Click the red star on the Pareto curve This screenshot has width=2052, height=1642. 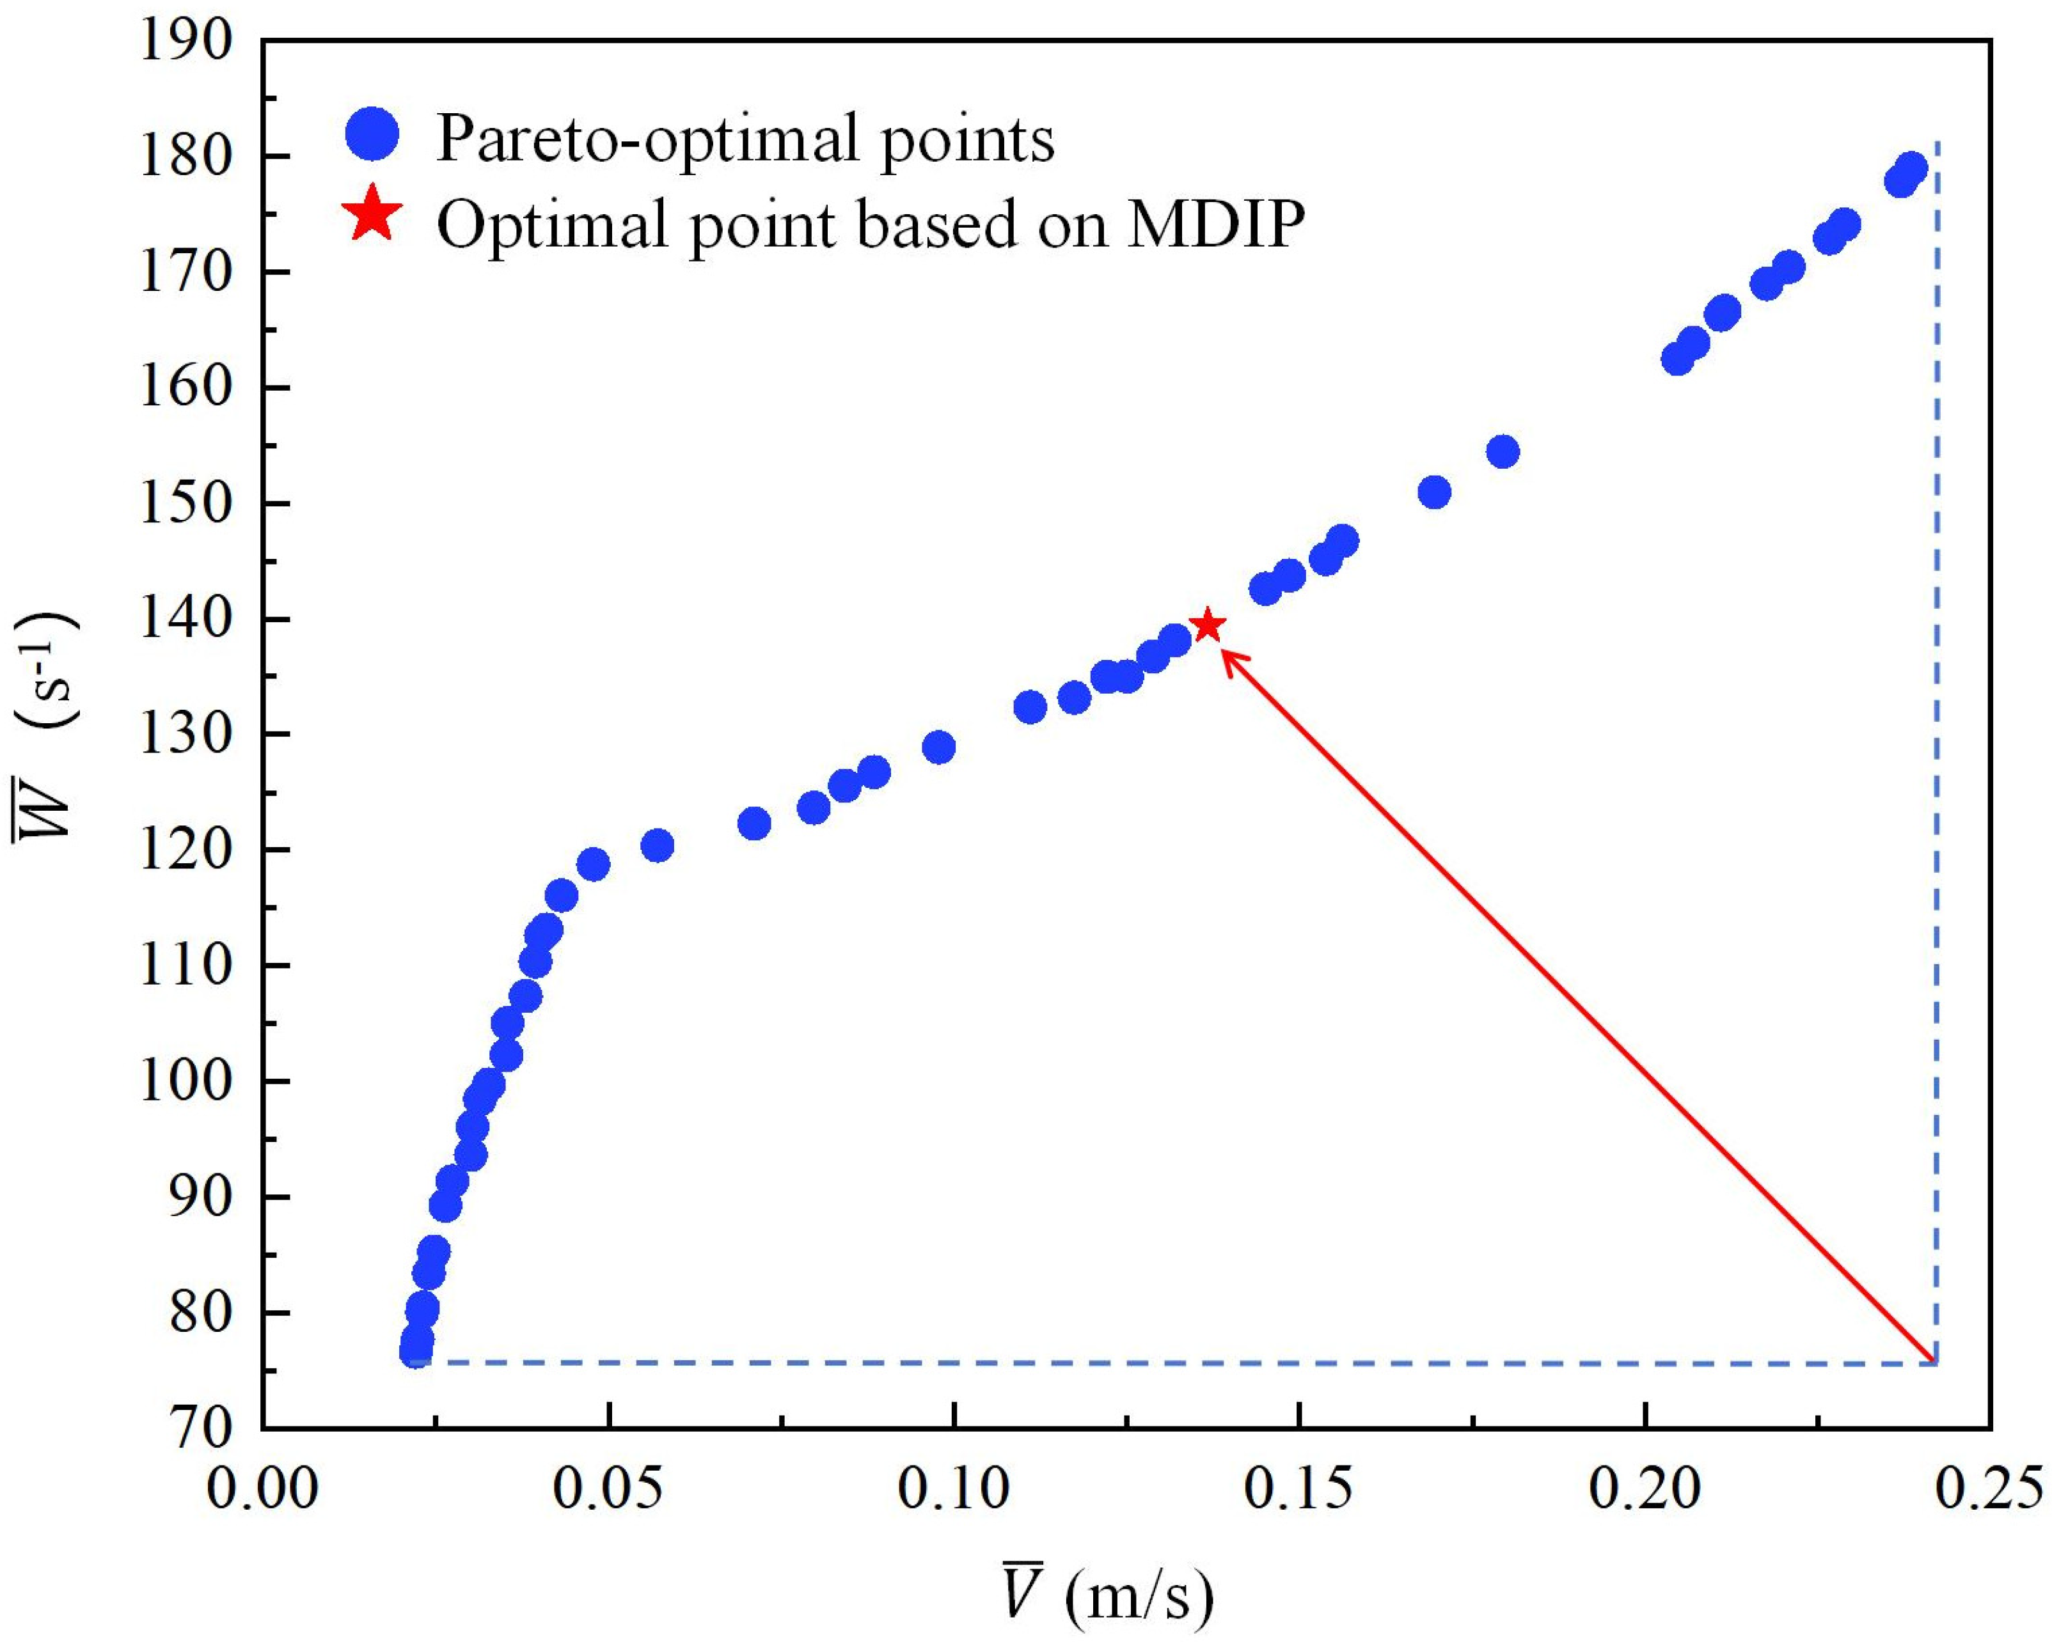(x=1208, y=625)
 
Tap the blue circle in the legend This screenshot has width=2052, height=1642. (x=373, y=134)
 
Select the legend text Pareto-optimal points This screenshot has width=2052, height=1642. (x=745, y=139)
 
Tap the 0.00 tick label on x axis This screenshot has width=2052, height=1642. (x=263, y=1489)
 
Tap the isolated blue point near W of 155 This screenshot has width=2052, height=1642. (x=1503, y=452)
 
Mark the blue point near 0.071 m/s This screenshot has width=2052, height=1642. (x=754, y=824)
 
